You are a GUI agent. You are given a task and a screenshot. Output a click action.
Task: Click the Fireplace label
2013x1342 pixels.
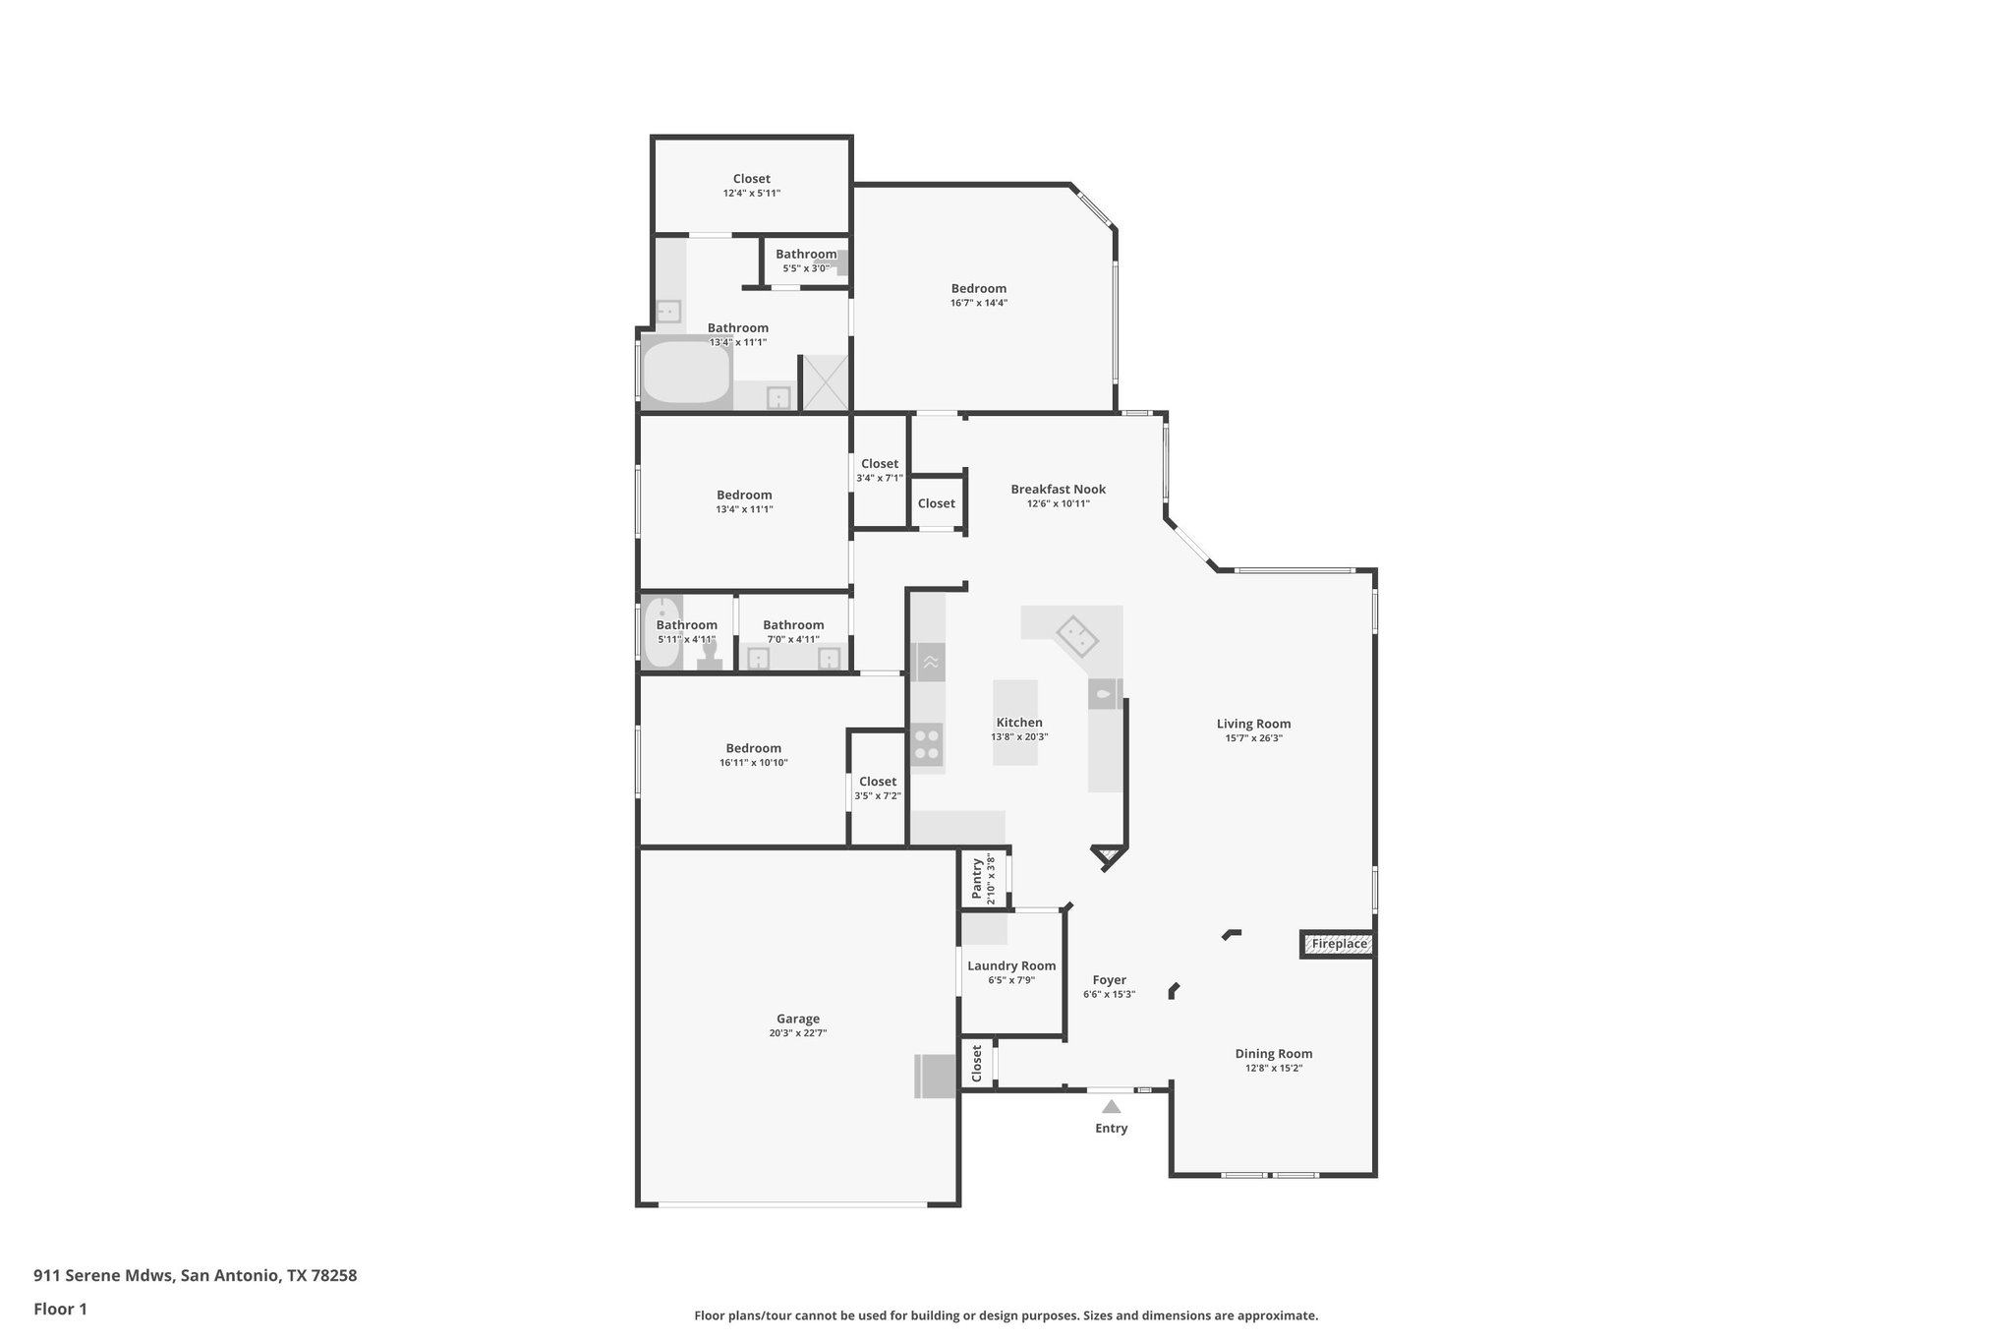(1339, 944)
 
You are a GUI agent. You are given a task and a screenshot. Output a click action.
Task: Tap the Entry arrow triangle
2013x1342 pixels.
(1111, 1107)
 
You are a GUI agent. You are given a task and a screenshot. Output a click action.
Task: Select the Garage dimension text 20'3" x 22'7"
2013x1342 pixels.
(797, 1033)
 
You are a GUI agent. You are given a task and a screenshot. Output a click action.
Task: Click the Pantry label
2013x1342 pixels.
(977, 878)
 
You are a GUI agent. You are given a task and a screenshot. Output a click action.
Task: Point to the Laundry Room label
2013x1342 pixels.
(1011, 966)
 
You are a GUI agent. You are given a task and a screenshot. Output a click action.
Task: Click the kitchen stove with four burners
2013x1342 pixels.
(926, 743)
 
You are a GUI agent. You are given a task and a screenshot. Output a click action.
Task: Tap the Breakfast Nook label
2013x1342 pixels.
(1058, 490)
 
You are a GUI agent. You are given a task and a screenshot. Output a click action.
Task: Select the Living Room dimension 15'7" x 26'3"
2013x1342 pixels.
(1253, 738)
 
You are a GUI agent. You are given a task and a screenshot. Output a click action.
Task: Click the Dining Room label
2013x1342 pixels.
(1273, 1054)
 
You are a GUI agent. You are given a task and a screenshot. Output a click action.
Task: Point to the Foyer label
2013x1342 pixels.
(1109, 980)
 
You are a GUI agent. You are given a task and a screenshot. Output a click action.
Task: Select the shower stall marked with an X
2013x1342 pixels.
(826, 381)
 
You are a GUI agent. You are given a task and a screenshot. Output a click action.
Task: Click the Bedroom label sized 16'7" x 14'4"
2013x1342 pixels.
(978, 289)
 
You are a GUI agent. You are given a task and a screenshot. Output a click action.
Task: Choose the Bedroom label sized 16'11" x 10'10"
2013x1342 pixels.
(753, 748)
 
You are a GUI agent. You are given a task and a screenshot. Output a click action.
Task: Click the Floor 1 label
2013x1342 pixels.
(60, 1310)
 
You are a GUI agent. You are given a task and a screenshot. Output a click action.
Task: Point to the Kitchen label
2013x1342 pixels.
(1019, 723)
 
